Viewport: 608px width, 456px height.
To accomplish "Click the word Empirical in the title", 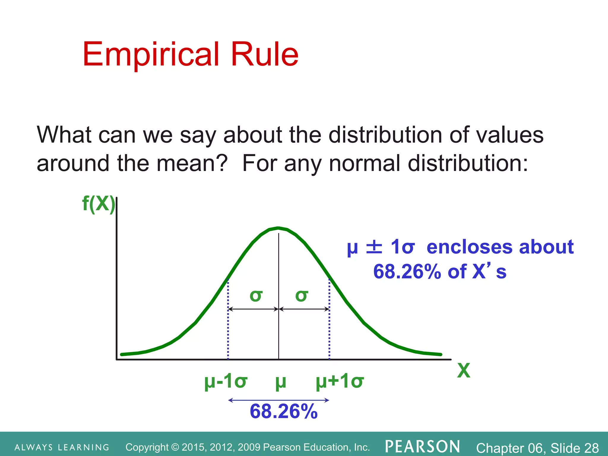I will coord(151,55).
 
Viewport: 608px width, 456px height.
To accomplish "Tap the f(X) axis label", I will coord(98,204).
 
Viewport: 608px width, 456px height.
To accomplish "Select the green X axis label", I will coord(463,370).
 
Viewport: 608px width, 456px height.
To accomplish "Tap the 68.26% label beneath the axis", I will coord(284,411).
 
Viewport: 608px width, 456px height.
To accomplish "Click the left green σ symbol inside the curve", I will coord(256,296).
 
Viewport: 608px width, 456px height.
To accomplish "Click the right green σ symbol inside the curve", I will coord(302,296).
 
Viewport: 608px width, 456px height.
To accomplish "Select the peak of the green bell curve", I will coord(278,228).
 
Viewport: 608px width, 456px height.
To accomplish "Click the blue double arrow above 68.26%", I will coord(278,400).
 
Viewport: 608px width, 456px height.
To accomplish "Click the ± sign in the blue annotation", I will coord(374,247).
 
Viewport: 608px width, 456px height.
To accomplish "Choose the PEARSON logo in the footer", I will coord(422,447).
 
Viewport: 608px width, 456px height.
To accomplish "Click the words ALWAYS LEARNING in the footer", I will coord(62,447).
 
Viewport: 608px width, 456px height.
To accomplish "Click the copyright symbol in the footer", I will coord(175,447).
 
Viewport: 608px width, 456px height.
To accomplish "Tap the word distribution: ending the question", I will coord(468,163).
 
